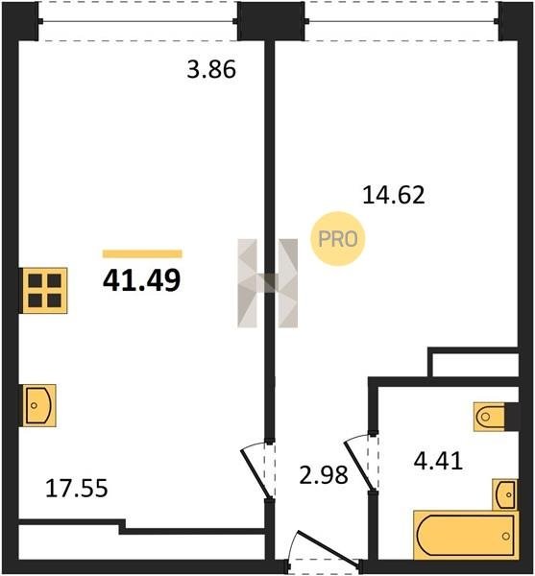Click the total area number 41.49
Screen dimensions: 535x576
click(142, 280)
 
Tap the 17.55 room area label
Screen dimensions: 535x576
click(77, 489)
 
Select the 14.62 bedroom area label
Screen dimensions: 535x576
click(394, 195)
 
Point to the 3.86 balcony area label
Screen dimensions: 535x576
click(211, 70)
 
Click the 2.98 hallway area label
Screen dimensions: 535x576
click(324, 474)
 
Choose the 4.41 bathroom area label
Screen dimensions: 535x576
click(438, 461)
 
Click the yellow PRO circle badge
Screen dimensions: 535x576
click(338, 239)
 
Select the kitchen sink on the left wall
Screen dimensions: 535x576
click(39, 405)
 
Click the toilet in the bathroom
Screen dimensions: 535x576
click(489, 417)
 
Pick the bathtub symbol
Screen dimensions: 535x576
click(466, 535)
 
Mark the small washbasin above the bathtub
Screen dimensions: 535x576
click(505, 494)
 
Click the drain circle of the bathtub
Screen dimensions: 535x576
click(506, 537)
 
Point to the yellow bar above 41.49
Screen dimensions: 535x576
click(142, 253)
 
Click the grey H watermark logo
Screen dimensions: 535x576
click(267, 283)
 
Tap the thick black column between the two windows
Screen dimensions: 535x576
click(271, 20)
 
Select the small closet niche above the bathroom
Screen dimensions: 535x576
click(475, 365)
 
